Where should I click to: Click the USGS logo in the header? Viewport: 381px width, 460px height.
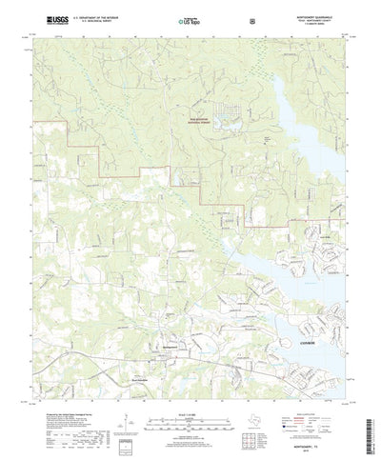pos(49,18)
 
